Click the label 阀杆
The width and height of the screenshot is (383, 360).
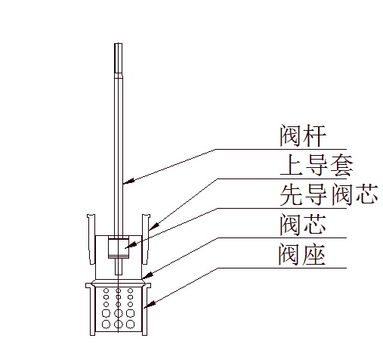tap(303, 135)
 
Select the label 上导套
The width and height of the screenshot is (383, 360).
tap(317, 166)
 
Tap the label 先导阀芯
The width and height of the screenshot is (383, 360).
tap(329, 194)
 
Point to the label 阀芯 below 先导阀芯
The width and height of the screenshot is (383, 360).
tap(303, 225)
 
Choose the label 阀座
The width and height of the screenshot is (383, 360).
tap(301, 254)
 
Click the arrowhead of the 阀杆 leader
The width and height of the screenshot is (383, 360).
tap(128, 181)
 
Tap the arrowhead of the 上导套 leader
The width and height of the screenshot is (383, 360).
tap(153, 225)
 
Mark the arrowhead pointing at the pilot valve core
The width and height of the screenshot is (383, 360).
tap(131, 245)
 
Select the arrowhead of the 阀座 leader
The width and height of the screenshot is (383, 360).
tap(149, 304)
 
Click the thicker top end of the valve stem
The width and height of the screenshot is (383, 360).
tap(118, 58)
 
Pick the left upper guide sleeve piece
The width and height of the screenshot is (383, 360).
tap(91, 239)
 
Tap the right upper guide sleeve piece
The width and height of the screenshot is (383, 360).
tap(146, 239)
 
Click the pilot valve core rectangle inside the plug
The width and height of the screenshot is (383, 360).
tap(119, 247)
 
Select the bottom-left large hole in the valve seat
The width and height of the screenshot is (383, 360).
tap(106, 324)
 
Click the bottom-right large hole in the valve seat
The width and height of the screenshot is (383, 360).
tap(130, 324)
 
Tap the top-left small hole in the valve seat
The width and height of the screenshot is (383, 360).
tap(106, 290)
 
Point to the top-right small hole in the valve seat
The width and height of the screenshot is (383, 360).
tap(130, 290)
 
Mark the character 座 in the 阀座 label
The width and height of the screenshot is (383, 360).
tap(314, 254)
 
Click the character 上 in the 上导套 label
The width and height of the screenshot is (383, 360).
tap(291, 166)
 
